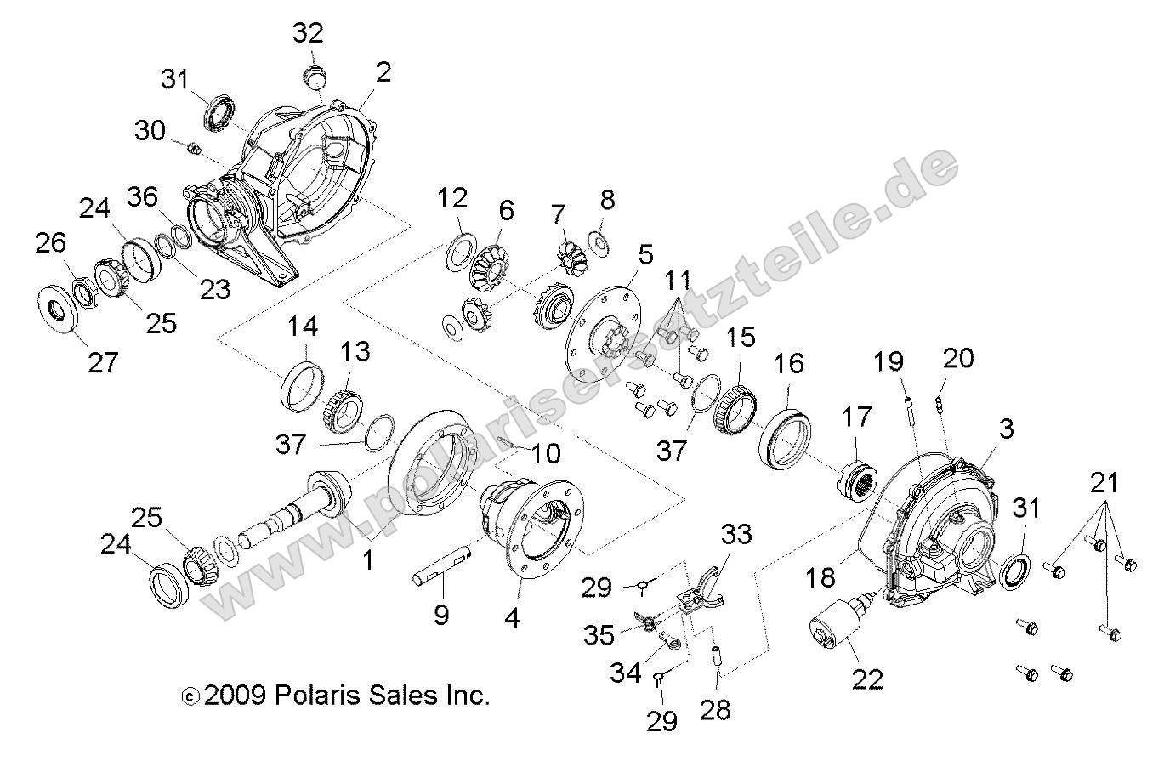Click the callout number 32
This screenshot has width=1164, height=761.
click(x=309, y=33)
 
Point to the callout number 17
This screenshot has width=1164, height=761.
click(x=858, y=418)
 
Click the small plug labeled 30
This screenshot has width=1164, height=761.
click(x=193, y=150)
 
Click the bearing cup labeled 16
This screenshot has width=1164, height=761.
click(x=786, y=436)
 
